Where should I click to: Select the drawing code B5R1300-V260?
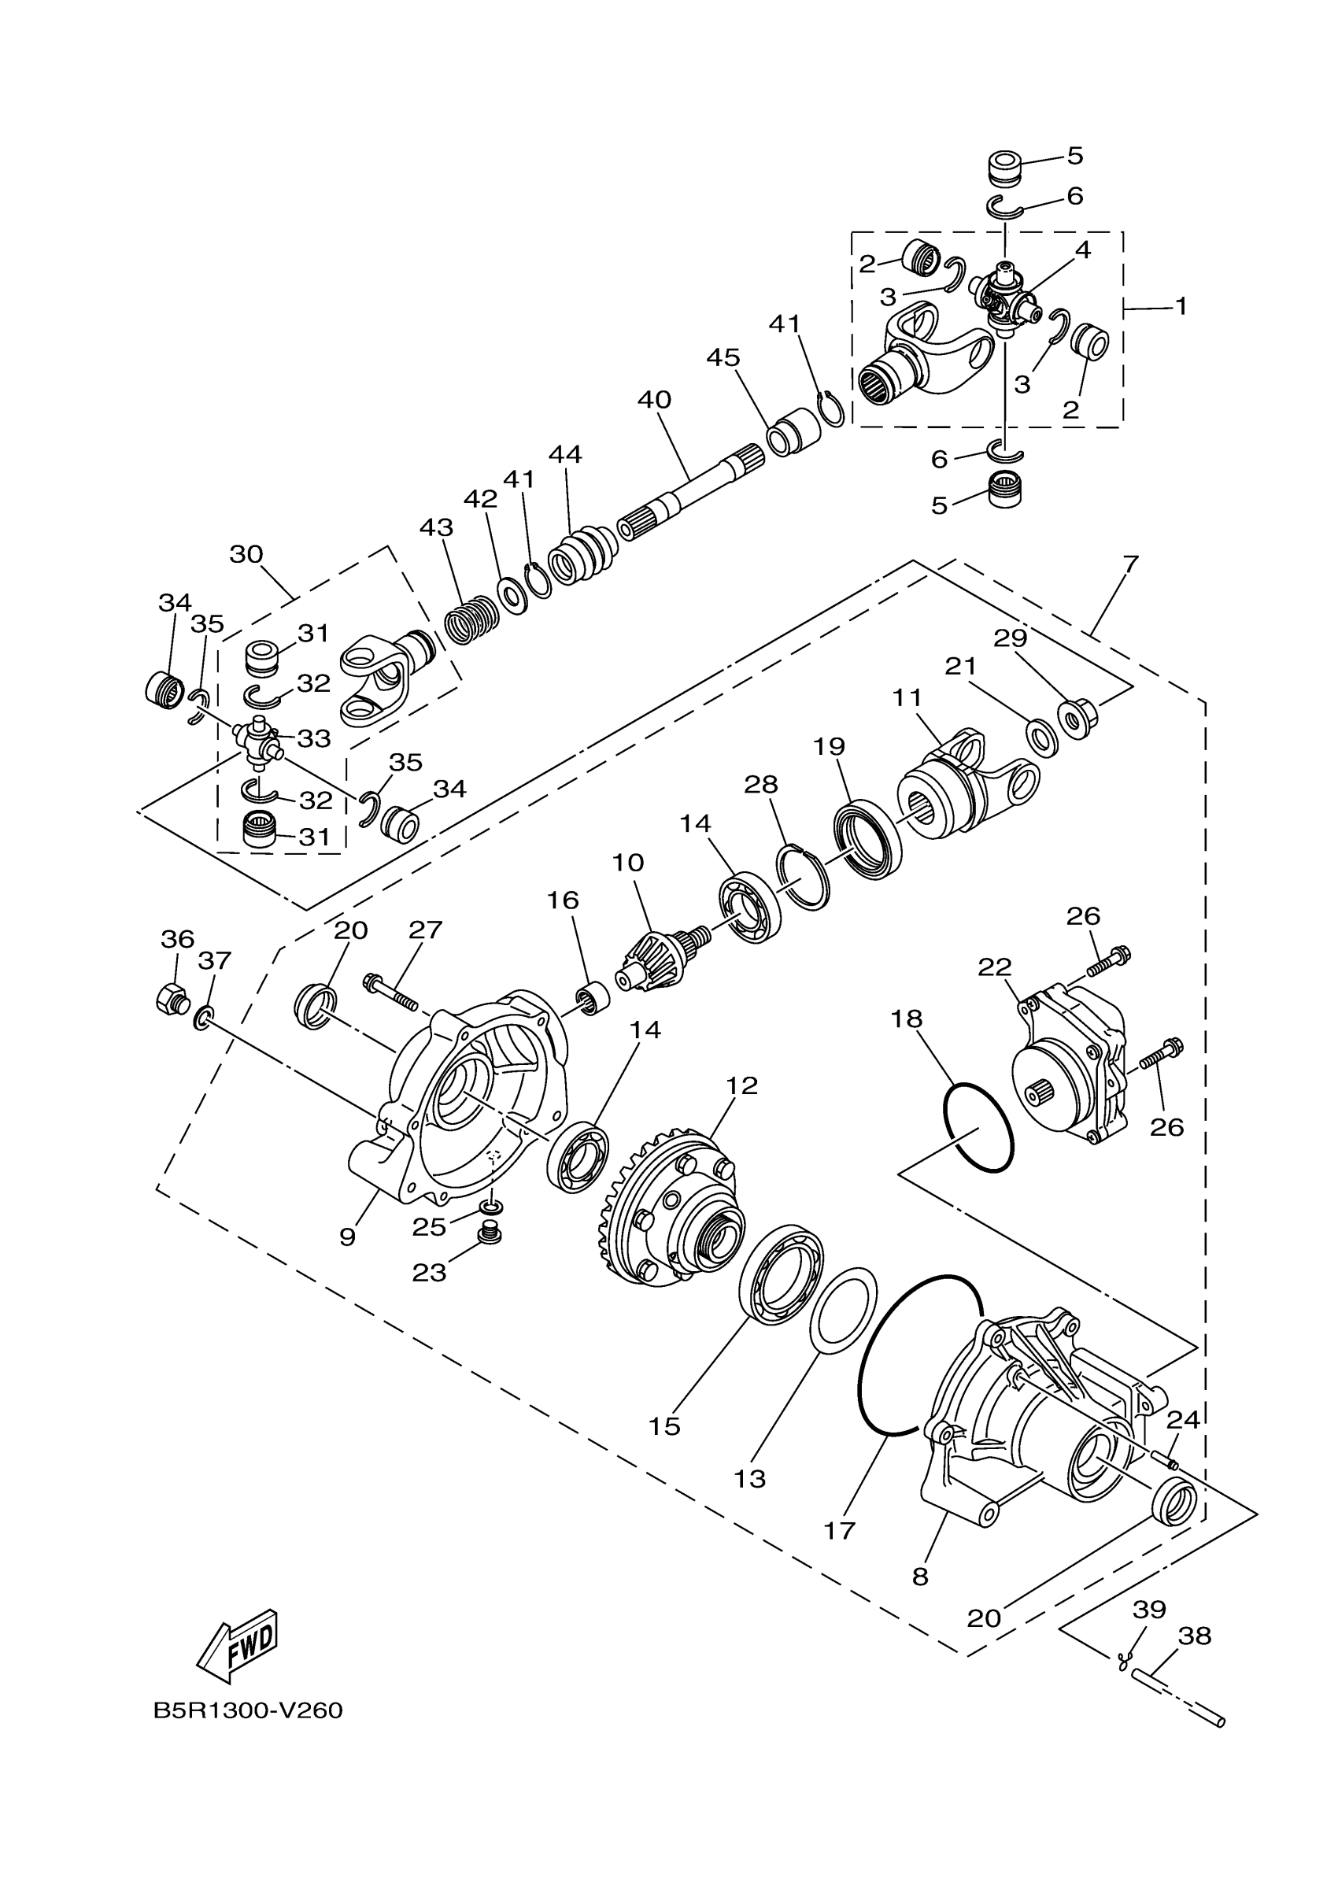coord(248,1711)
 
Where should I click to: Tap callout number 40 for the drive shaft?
coord(654,401)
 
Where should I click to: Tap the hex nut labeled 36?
coord(172,1000)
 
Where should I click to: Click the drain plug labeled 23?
coord(491,1257)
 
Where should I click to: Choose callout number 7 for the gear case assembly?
coord(1130,565)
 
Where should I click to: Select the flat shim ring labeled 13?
coord(844,1310)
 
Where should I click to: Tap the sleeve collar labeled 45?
coord(795,431)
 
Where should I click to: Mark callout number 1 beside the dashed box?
coord(1181,307)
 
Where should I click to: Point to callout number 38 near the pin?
coord(1195,1636)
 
